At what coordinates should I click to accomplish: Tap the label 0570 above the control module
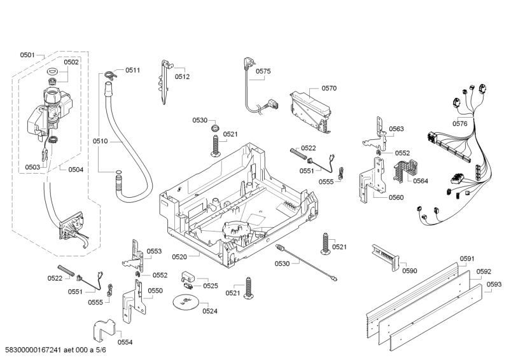coord(329,88)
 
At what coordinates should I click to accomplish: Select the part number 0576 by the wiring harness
coord(459,123)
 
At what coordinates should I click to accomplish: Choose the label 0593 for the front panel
coord(494,284)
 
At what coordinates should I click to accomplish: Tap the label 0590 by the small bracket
coord(409,271)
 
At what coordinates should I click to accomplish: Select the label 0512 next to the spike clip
coord(183,76)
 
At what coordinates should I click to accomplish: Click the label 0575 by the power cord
coord(263,72)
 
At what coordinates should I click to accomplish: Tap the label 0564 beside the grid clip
coord(420,181)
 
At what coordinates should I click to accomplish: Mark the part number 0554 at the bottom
coord(125,342)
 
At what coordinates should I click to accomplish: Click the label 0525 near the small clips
coord(210,286)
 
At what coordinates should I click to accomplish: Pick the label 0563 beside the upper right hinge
coord(396,129)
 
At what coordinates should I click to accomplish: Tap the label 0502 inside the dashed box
coord(71,62)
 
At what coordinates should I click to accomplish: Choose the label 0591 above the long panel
coord(468,258)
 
